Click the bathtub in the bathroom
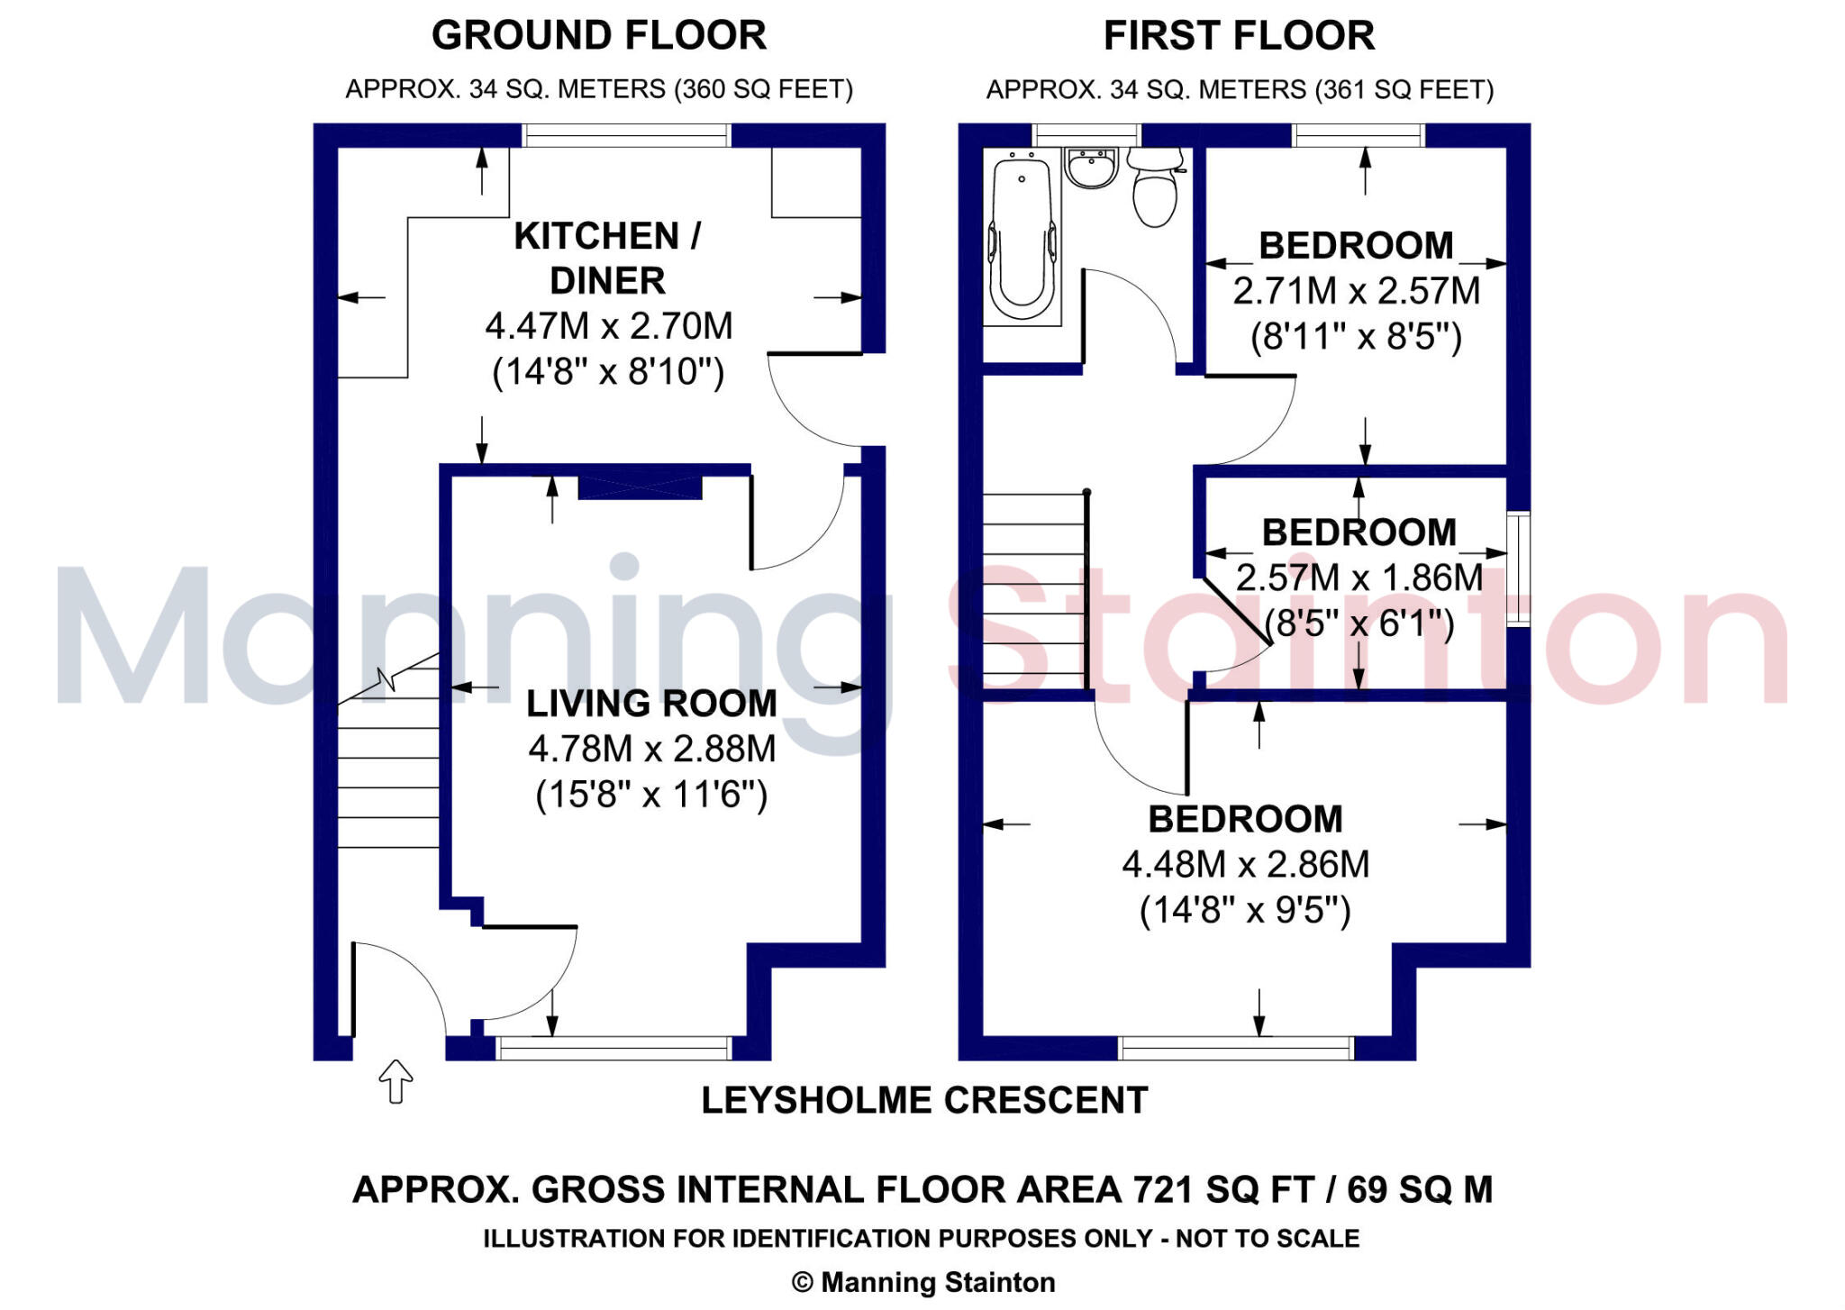(1022, 236)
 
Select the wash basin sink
(1091, 168)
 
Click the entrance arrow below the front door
(395, 1080)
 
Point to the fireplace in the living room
(639, 487)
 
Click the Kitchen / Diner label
(608, 258)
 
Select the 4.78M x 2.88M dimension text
(651, 749)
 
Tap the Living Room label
(651, 704)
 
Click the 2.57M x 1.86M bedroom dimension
(1359, 578)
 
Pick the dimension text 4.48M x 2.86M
(1245, 864)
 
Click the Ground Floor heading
(599, 36)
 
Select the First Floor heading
(1239, 36)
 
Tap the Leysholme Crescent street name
(924, 1100)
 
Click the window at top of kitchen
(626, 136)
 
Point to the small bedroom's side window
(1518, 568)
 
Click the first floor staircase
(1033, 591)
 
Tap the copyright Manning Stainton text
(923, 1282)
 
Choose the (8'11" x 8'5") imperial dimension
(1356, 337)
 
